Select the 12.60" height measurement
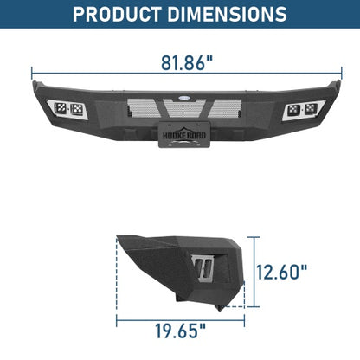(x=282, y=272)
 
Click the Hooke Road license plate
(x=180, y=140)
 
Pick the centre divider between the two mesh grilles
(x=180, y=109)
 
